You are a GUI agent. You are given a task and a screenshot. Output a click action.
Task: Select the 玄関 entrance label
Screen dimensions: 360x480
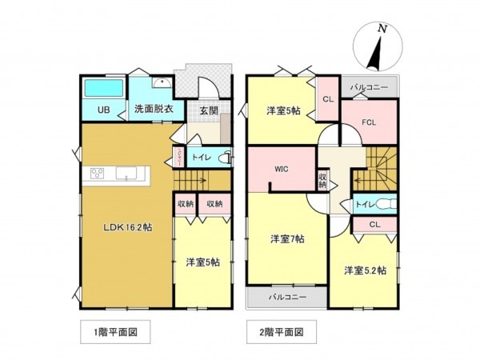point(210,110)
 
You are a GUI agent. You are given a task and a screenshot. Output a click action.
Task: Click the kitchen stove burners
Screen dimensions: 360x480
point(98,174)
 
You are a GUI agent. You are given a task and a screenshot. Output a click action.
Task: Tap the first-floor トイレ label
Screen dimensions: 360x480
point(200,158)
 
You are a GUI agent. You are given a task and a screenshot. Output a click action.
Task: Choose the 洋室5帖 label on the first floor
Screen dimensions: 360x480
point(203,262)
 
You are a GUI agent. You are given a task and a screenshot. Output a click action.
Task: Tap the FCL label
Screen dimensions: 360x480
point(368,123)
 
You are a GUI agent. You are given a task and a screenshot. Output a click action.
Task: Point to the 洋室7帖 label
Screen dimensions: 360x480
point(286,238)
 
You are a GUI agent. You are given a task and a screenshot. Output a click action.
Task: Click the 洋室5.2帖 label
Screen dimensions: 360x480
point(365,270)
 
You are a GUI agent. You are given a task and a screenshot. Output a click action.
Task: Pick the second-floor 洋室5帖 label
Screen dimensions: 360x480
point(282,110)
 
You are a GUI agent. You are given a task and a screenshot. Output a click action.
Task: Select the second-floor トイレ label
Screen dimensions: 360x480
point(365,204)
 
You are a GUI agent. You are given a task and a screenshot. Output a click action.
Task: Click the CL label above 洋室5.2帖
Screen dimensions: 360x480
point(374,225)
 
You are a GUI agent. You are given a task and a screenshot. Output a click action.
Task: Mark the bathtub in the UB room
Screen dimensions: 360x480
point(102,87)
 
